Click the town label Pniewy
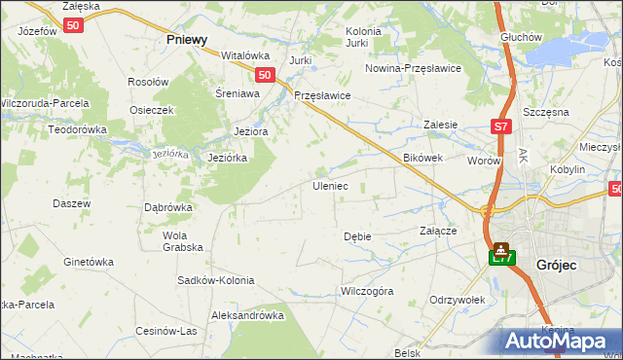coord(187,40)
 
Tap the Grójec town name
coord(557,264)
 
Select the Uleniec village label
coord(329,185)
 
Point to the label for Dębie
coord(357,236)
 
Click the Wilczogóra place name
coord(366,290)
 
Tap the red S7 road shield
coord(499,126)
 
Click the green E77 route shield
coord(500,257)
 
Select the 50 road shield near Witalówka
coord(264,74)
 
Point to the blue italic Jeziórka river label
coord(169,154)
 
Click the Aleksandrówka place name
coord(247,315)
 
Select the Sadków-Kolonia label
coord(215,280)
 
